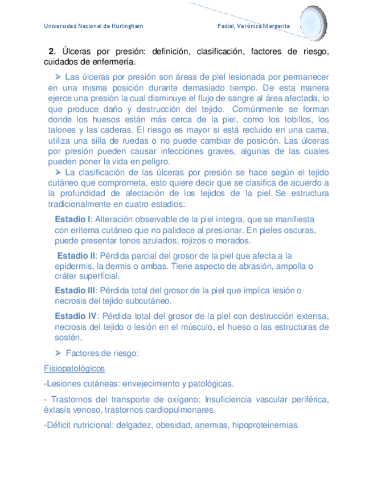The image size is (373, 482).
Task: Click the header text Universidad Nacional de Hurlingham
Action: tap(93, 27)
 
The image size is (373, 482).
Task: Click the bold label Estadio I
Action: tap(72, 219)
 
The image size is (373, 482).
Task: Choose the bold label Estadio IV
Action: tap(76, 316)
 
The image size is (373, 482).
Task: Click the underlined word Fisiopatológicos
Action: tap(74, 368)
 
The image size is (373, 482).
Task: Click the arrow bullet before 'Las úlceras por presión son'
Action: tap(58, 76)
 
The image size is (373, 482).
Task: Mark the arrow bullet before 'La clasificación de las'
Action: tap(58, 172)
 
